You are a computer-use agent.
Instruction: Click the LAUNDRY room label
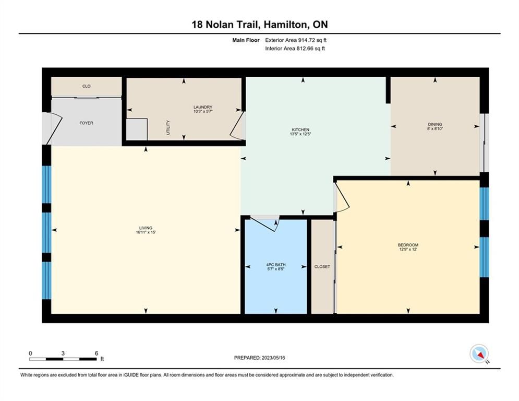pyautogui.click(x=203, y=107)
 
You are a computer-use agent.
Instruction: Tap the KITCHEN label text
pyautogui.click(x=300, y=129)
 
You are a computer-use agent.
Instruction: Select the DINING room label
pyautogui.click(x=435, y=124)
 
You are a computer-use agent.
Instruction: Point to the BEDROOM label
pyautogui.click(x=408, y=245)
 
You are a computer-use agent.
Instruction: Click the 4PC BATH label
pyautogui.click(x=276, y=265)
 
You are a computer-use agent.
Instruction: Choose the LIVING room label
pyautogui.click(x=146, y=228)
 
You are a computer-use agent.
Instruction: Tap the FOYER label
pyautogui.click(x=86, y=123)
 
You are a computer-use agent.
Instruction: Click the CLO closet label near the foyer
pyautogui.click(x=87, y=86)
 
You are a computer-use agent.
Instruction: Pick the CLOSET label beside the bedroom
pyautogui.click(x=322, y=266)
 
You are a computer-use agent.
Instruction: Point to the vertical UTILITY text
pyautogui.click(x=168, y=127)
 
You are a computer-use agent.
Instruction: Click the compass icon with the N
pyautogui.click(x=479, y=354)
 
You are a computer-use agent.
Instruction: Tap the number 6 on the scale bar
pyautogui.click(x=96, y=353)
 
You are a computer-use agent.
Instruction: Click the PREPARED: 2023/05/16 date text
pyautogui.click(x=260, y=358)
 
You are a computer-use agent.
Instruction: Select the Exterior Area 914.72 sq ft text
pyautogui.click(x=296, y=40)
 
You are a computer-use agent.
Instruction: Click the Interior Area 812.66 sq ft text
pyautogui.click(x=295, y=49)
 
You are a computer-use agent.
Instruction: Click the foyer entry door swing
pyautogui.click(x=54, y=129)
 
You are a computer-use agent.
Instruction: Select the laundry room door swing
pyautogui.click(x=238, y=126)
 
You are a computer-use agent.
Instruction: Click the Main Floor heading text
pyautogui.click(x=246, y=40)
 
